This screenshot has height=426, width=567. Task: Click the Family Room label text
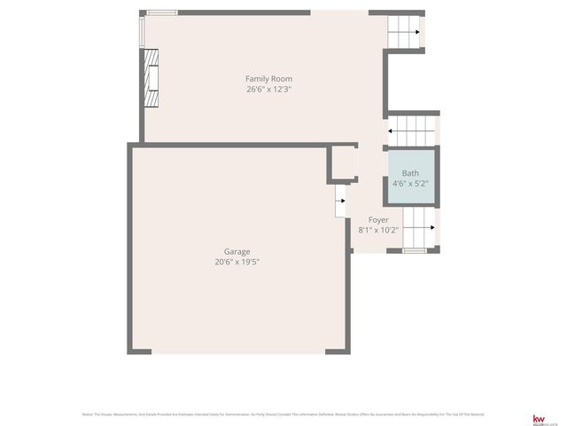point(268,79)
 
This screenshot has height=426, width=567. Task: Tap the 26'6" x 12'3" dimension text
point(268,89)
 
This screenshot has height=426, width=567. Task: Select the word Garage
point(237,252)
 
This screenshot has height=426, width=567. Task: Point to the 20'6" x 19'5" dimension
point(237,262)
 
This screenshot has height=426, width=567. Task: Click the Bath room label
point(410,173)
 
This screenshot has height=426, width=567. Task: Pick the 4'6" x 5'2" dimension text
point(410,183)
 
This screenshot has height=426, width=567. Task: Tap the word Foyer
point(378,219)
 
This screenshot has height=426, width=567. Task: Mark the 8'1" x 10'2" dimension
point(378,229)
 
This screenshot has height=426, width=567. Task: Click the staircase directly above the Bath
point(413,130)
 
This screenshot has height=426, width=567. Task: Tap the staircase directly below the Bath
point(418,227)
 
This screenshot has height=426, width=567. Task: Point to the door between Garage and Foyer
point(340,201)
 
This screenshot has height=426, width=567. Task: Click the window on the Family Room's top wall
point(161,12)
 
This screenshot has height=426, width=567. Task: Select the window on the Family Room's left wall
point(142,30)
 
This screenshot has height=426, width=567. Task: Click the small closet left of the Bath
point(341,163)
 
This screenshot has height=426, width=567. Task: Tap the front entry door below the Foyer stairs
point(414,251)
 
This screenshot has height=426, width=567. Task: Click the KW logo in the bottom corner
point(538,417)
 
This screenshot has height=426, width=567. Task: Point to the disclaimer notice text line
point(283,414)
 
